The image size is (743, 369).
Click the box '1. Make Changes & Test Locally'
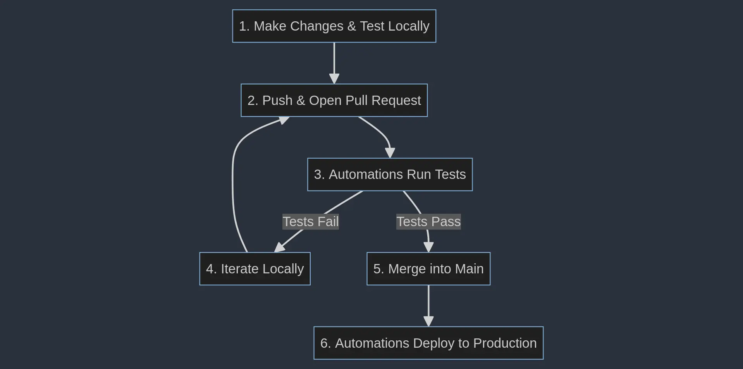click(334, 26)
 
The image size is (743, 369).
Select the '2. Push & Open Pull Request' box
click(334, 100)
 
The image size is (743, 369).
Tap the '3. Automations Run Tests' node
click(390, 174)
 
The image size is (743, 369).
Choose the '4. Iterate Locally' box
click(255, 269)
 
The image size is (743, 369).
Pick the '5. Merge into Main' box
click(428, 269)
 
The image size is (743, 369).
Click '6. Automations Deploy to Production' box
click(428, 343)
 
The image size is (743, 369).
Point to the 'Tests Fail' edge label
click(310, 222)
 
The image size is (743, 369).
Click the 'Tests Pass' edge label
click(428, 222)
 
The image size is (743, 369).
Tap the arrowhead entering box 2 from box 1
click(334, 79)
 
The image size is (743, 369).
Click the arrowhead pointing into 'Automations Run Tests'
click(390, 153)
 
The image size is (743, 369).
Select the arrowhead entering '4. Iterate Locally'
click(280, 247)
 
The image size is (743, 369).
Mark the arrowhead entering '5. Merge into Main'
click(428, 247)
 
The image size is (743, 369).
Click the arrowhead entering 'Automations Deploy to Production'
click(428, 321)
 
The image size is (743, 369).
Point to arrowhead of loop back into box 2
click(284, 121)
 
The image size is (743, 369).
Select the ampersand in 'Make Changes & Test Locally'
click(351, 26)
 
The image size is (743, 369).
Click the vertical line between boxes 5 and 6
click(428, 302)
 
